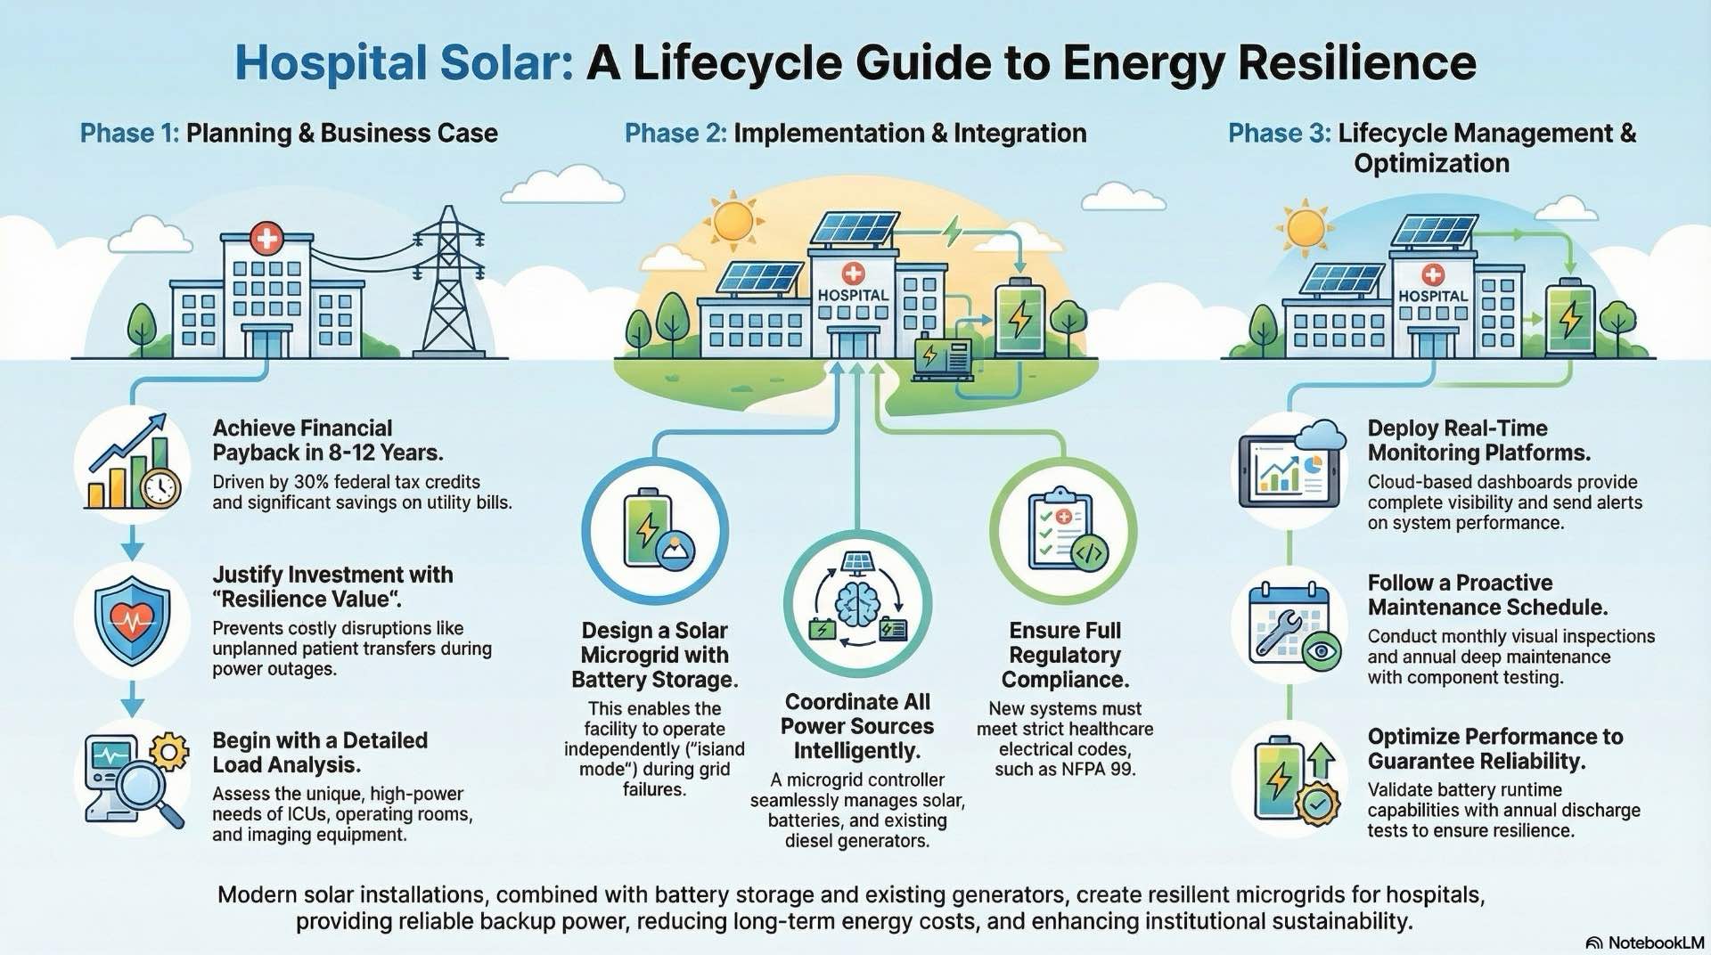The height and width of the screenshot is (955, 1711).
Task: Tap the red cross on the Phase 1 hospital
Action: [266, 239]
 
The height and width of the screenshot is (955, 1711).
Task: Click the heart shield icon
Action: [132, 620]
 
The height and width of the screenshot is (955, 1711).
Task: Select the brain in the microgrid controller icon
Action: [857, 602]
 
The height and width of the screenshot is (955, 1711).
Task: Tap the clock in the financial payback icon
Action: [160, 487]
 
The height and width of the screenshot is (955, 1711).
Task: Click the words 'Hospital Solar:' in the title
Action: [404, 63]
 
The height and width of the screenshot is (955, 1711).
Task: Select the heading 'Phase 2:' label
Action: [675, 134]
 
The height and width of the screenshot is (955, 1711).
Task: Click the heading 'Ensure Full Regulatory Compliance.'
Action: [1065, 655]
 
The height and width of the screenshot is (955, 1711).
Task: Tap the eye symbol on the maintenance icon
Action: [1321, 651]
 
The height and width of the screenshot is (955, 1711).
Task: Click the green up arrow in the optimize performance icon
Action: [1321, 761]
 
